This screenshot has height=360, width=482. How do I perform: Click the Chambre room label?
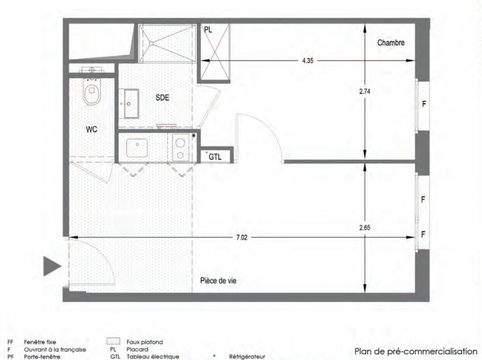point(391,43)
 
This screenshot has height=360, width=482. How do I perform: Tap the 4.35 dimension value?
point(307,60)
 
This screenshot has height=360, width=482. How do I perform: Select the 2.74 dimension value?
point(365,91)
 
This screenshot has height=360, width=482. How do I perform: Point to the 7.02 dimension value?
point(242,238)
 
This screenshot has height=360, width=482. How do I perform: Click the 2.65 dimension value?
point(365,228)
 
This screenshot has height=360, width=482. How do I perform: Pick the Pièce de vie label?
point(218,280)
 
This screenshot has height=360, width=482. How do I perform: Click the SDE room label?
point(162,97)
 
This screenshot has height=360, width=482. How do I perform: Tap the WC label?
point(91,129)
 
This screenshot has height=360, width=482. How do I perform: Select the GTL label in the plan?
point(215,157)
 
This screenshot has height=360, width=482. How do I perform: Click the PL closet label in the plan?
point(208,30)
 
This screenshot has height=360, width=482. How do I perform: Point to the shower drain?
point(151,43)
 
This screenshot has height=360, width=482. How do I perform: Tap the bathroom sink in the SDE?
point(131,103)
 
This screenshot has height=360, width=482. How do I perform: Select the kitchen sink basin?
point(137,148)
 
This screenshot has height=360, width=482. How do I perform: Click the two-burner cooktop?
point(180,148)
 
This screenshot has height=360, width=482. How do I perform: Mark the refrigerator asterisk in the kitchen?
point(194,136)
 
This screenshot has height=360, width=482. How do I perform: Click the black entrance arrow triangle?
point(52,266)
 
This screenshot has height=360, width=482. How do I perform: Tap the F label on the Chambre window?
point(424,104)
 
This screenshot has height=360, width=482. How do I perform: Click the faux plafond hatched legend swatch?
point(113,342)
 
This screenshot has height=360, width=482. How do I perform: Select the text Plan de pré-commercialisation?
point(416,351)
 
